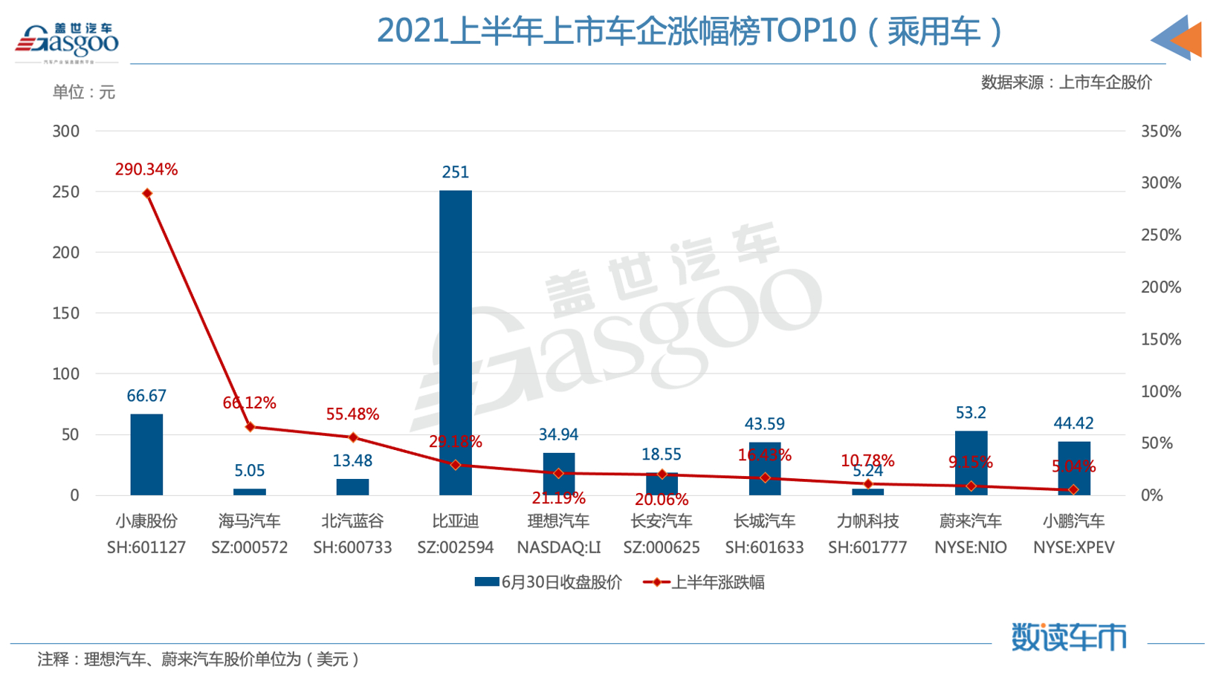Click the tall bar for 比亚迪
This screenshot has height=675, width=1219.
coord(455,342)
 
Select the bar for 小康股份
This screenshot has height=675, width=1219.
coord(146,454)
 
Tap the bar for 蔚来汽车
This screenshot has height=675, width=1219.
coord(970,463)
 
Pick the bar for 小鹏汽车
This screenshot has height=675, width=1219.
coord(1073,468)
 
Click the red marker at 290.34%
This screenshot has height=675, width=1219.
coord(147,194)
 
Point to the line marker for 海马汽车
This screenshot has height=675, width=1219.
coord(250,427)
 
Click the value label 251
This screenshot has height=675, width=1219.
coord(455,172)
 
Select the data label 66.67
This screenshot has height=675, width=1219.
coord(146,396)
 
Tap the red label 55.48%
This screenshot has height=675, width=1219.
coord(352,414)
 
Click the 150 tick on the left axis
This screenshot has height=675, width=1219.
coord(65,313)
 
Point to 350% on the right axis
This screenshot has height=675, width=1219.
coord(1160,131)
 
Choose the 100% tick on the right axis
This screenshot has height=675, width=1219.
coord(1160,391)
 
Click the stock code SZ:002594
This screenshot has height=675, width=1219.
coord(455,548)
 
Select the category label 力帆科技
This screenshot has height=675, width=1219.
coord(867,521)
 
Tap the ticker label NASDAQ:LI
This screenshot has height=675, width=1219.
coord(558,548)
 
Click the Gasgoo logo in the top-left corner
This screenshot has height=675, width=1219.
coord(67,42)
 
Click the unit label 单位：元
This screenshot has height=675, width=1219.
coord(83,92)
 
